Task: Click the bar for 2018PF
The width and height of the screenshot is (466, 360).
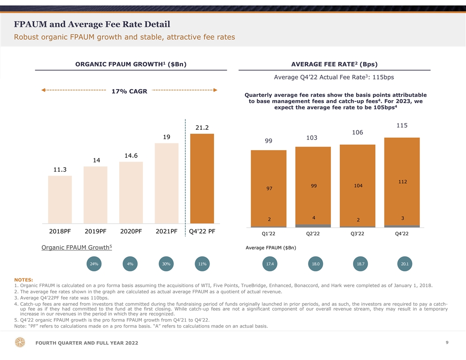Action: (60, 199)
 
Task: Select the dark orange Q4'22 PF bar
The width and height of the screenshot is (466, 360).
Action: (202, 178)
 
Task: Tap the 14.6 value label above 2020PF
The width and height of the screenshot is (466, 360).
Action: (131, 155)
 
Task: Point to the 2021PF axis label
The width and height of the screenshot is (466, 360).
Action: (167, 232)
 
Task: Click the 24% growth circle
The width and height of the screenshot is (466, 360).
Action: (94, 264)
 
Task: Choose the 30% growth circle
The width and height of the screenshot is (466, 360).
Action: (166, 264)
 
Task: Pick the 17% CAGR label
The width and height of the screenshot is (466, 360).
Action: (129, 91)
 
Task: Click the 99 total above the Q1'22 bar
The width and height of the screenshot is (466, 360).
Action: (268, 141)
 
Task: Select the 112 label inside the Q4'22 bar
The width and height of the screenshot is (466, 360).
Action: (402, 181)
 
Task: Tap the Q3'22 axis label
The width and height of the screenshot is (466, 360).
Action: (357, 234)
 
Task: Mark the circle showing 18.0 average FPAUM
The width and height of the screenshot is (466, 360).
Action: (316, 264)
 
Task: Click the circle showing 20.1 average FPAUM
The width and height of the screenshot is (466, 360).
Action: (404, 264)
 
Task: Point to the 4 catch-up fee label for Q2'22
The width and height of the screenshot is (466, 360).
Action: (313, 217)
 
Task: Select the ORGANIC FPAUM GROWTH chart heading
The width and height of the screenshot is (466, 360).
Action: (131, 64)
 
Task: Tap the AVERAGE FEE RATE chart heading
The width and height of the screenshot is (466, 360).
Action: (334, 64)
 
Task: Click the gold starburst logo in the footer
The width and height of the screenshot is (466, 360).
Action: (20, 343)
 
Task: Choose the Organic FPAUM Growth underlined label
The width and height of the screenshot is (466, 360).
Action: (76, 247)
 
